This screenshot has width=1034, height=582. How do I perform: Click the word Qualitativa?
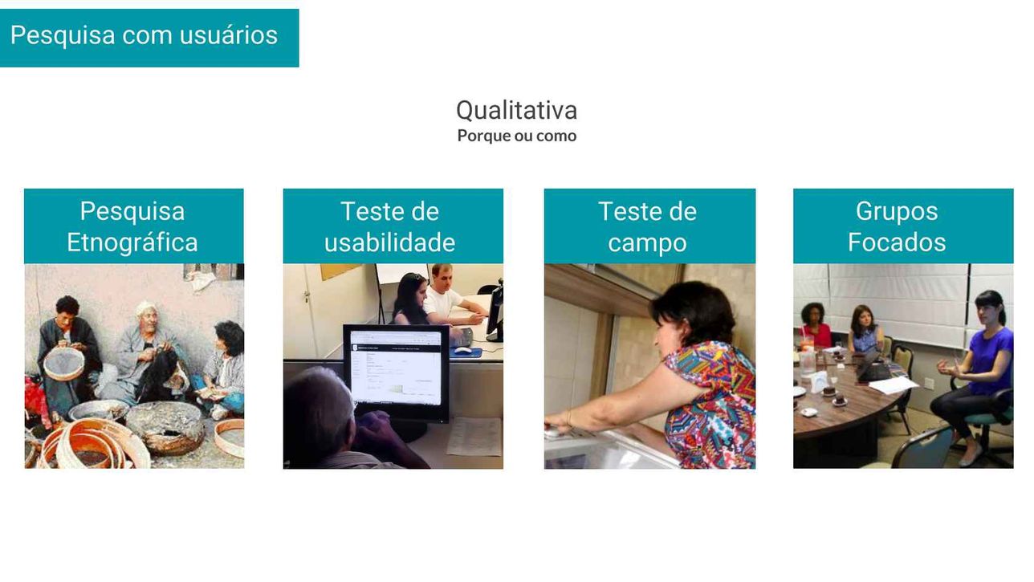[516, 111]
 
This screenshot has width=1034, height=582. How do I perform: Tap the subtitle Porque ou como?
[516, 136]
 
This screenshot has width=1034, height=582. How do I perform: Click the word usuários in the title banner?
[229, 35]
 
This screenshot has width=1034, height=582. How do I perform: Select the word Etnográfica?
[132, 242]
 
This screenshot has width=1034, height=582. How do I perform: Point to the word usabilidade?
[389, 242]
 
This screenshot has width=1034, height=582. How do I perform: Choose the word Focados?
[897, 242]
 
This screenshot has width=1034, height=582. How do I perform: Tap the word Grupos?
[897, 212]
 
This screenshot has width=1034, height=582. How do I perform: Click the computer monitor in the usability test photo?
[397, 373]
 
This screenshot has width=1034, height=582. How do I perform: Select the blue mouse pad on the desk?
[466, 352]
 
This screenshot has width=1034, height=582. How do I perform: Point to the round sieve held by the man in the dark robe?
[64, 363]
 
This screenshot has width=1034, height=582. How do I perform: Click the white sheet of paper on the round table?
[894, 385]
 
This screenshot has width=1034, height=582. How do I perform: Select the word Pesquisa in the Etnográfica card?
[132, 212]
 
